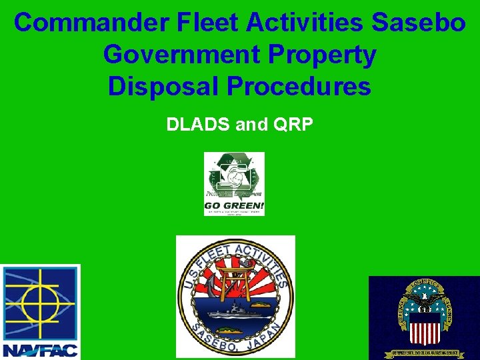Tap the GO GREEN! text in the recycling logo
tap(234, 205)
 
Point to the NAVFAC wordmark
tap(40, 349)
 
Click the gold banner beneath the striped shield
tap(424, 351)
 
